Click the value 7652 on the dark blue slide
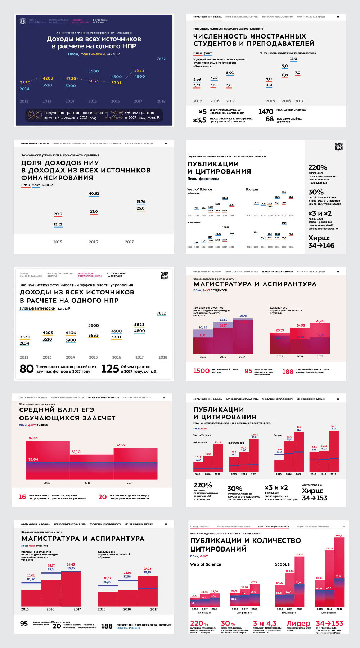point(161,59)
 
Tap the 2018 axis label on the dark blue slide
point(161,101)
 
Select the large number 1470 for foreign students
point(266,112)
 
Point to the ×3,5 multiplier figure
point(200,120)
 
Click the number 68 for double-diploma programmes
point(269,119)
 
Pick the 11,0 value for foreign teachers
point(293,59)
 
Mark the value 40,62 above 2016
point(94,194)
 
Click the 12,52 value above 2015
point(58,224)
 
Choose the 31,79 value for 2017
point(141,202)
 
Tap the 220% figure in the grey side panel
point(318,167)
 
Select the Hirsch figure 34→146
point(321,246)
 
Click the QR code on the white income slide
point(165,276)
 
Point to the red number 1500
point(201,371)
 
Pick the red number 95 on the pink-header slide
point(248,371)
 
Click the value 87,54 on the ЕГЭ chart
point(33,438)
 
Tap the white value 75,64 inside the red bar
point(33,459)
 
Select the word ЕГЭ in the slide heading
point(86,410)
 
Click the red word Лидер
point(298,624)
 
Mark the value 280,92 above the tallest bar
point(339,535)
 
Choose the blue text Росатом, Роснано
point(128,628)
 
